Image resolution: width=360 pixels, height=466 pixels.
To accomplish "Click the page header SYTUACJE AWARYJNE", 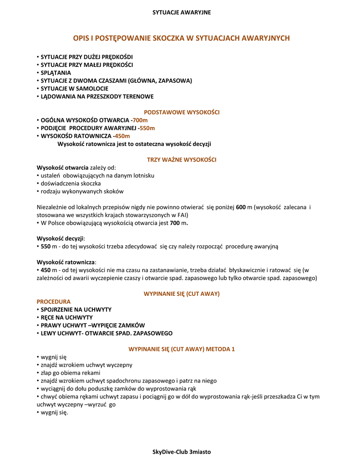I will (182, 12).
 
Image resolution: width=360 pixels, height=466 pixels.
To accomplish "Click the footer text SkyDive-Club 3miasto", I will (182, 451).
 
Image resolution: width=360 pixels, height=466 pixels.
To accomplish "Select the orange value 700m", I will (140, 120).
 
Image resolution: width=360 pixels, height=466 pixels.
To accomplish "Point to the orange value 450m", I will (122, 136).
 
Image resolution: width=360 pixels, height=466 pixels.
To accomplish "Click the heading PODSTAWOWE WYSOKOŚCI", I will (182, 112).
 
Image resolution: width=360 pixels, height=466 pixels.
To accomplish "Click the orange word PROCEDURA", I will (53, 302).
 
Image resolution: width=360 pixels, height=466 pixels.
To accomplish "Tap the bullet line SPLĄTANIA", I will (56, 72).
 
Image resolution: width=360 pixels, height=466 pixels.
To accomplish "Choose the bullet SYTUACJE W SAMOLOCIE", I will (74, 88).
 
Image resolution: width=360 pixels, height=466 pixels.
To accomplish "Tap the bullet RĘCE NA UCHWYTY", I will (66, 317).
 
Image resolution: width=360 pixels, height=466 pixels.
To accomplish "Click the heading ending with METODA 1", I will (182, 349).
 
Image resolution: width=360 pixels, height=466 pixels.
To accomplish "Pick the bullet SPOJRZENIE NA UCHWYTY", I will (76, 309).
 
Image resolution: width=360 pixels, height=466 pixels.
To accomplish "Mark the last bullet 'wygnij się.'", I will (54, 413).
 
